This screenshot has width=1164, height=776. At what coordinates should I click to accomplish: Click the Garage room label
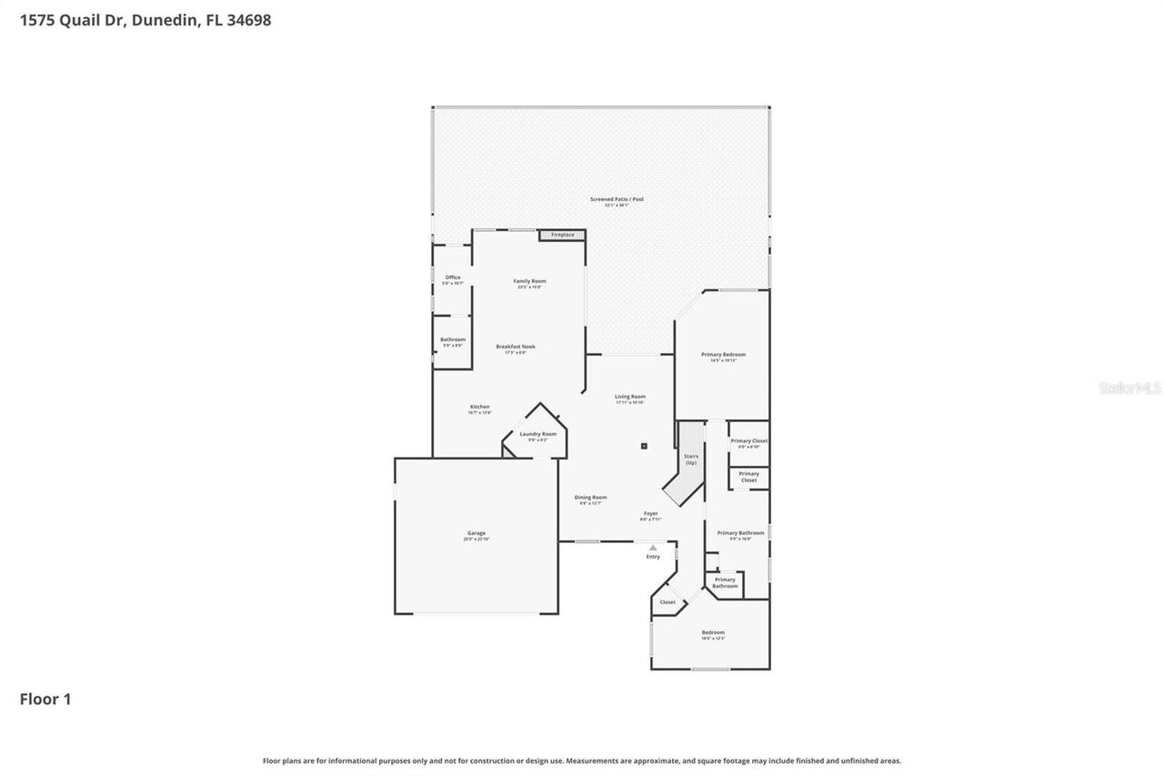point(477,535)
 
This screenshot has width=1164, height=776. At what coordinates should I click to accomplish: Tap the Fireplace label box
point(562,235)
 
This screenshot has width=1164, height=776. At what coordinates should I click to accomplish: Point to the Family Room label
point(529,283)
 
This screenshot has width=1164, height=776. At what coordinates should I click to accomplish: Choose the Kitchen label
point(480,408)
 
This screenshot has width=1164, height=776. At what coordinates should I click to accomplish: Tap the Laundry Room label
point(537,436)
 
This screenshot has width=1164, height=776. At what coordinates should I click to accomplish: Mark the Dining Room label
point(590,499)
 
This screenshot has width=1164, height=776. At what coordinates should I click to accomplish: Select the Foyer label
point(651,515)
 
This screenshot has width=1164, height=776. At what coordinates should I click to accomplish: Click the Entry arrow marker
point(653,548)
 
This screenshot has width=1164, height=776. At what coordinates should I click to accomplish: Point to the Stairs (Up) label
point(691,459)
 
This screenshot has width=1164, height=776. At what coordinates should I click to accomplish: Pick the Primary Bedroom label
point(723,356)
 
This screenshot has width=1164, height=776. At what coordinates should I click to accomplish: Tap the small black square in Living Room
point(644,446)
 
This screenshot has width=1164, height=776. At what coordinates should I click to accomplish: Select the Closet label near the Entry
point(667,602)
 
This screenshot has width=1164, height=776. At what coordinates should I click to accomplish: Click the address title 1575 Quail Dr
point(145,20)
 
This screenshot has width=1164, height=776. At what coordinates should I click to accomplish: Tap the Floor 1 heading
point(45,699)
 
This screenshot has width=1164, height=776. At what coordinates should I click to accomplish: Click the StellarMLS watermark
point(1129,388)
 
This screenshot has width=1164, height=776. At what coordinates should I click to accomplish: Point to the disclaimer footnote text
point(582,761)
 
